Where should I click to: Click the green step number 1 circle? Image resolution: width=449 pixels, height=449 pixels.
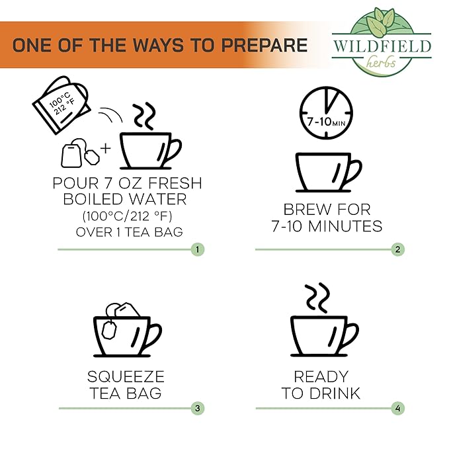click(x=198, y=249)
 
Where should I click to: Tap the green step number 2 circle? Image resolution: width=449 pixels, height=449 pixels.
click(x=397, y=249)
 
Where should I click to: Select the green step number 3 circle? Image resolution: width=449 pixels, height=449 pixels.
click(x=198, y=409)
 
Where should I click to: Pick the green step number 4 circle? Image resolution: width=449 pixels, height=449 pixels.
click(x=397, y=409)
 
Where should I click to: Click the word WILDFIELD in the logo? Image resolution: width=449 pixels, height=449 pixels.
click(x=382, y=46)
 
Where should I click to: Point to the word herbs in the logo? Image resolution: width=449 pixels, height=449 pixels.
click(x=381, y=62)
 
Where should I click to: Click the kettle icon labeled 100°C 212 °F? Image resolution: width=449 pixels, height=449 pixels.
click(x=61, y=104)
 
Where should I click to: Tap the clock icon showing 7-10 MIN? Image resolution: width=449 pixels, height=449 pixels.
click(x=326, y=113)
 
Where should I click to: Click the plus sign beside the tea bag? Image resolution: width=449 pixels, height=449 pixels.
click(x=105, y=148)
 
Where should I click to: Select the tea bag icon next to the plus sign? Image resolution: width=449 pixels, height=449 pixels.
click(x=79, y=153)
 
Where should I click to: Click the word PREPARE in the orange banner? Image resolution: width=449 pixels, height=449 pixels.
click(x=265, y=45)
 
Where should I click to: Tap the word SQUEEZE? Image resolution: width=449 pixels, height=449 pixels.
click(x=126, y=376)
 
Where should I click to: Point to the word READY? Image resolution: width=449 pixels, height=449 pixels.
click(x=321, y=376)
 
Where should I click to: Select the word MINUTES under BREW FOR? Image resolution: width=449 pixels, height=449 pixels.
click(x=345, y=226)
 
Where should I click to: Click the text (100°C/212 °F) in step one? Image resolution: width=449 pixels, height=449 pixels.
click(x=128, y=216)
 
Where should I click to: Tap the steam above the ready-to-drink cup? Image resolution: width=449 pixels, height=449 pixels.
click(x=317, y=298)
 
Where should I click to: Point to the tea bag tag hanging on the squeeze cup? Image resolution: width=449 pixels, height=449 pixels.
click(x=109, y=330)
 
